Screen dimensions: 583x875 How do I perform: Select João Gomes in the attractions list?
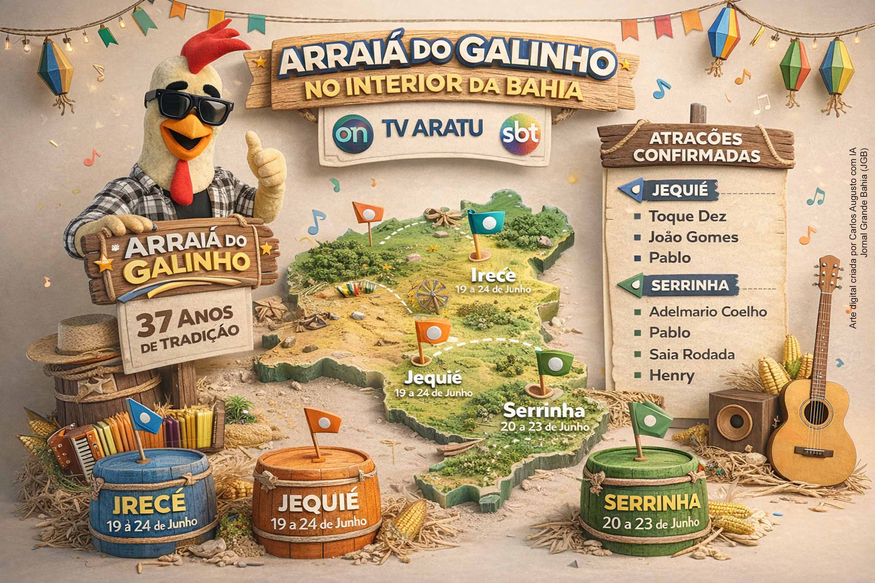tap(693, 237)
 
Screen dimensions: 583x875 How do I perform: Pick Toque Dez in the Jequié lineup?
tap(687, 216)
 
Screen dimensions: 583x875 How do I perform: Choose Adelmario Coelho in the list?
tap(708, 312)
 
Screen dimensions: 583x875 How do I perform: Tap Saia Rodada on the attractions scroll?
tap(692, 354)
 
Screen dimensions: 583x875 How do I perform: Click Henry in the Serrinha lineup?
tap(672, 376)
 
